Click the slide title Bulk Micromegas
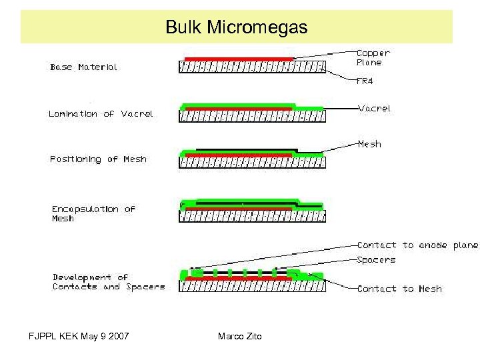point(236,27)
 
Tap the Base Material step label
point(83,67)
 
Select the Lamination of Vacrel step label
point(101,114)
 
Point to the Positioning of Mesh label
point(98,159)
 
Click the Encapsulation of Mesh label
point(93,213)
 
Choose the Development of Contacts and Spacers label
point(108,282)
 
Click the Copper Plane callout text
point(373,57)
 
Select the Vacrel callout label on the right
point(374,108)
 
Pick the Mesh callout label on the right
point(369,144)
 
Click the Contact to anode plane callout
point(417,245)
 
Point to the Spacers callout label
point(376,260)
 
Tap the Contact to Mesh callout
point(399,289)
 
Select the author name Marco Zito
point(240,336)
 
